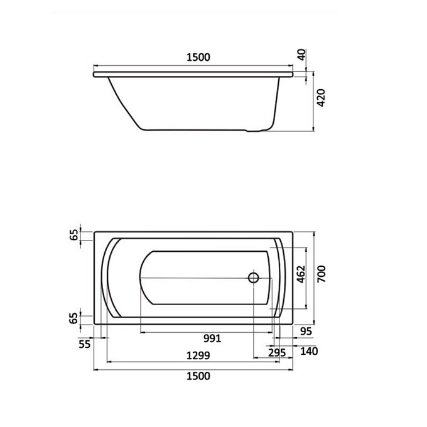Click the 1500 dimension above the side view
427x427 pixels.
[x=198, y=57]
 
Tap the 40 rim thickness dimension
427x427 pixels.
[x=302, y=55]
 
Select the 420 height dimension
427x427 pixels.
[x=321, y=98]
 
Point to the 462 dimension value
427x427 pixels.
[x=301, y=274]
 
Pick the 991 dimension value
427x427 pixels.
[x=212, y=338]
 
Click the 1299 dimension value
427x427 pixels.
[x=198, y=355]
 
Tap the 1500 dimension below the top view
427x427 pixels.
[x=198, y=376]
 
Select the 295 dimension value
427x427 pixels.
[x=277, y=353]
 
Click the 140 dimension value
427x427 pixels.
[x=309, y=351]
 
